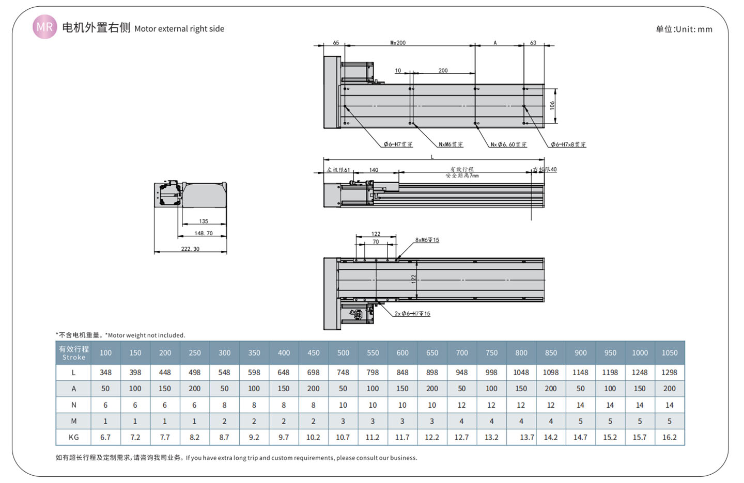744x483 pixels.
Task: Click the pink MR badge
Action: coord(44,27)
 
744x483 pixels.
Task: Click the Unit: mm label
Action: coord(684,29)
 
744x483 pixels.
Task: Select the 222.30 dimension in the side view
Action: coord(190,249)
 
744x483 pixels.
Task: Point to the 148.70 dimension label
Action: coord(204,233)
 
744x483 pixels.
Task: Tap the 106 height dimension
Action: coord(552,105)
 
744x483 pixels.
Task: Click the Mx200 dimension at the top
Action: coord(398,43)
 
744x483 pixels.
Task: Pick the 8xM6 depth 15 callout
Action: coord(427,240)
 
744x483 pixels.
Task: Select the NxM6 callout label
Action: coord(451,144)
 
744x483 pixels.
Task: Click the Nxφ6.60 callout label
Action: coord(508,144)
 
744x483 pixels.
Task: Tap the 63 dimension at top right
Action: coord(533,43)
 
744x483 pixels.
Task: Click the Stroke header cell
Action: coord(73,353)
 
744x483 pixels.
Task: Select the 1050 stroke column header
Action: coord(670,353)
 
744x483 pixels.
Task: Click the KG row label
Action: coord(73,437)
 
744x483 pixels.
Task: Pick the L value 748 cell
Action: coord(343,372)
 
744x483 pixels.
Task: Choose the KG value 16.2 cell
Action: coord(670,437)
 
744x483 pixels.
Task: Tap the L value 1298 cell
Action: coord(670,372)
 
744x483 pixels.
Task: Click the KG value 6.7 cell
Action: coord(105,437)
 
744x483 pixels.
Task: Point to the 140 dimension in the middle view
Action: coord(374,170)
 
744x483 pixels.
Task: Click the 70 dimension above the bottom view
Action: coord(376,242)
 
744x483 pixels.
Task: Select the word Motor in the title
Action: coord(145,29)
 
